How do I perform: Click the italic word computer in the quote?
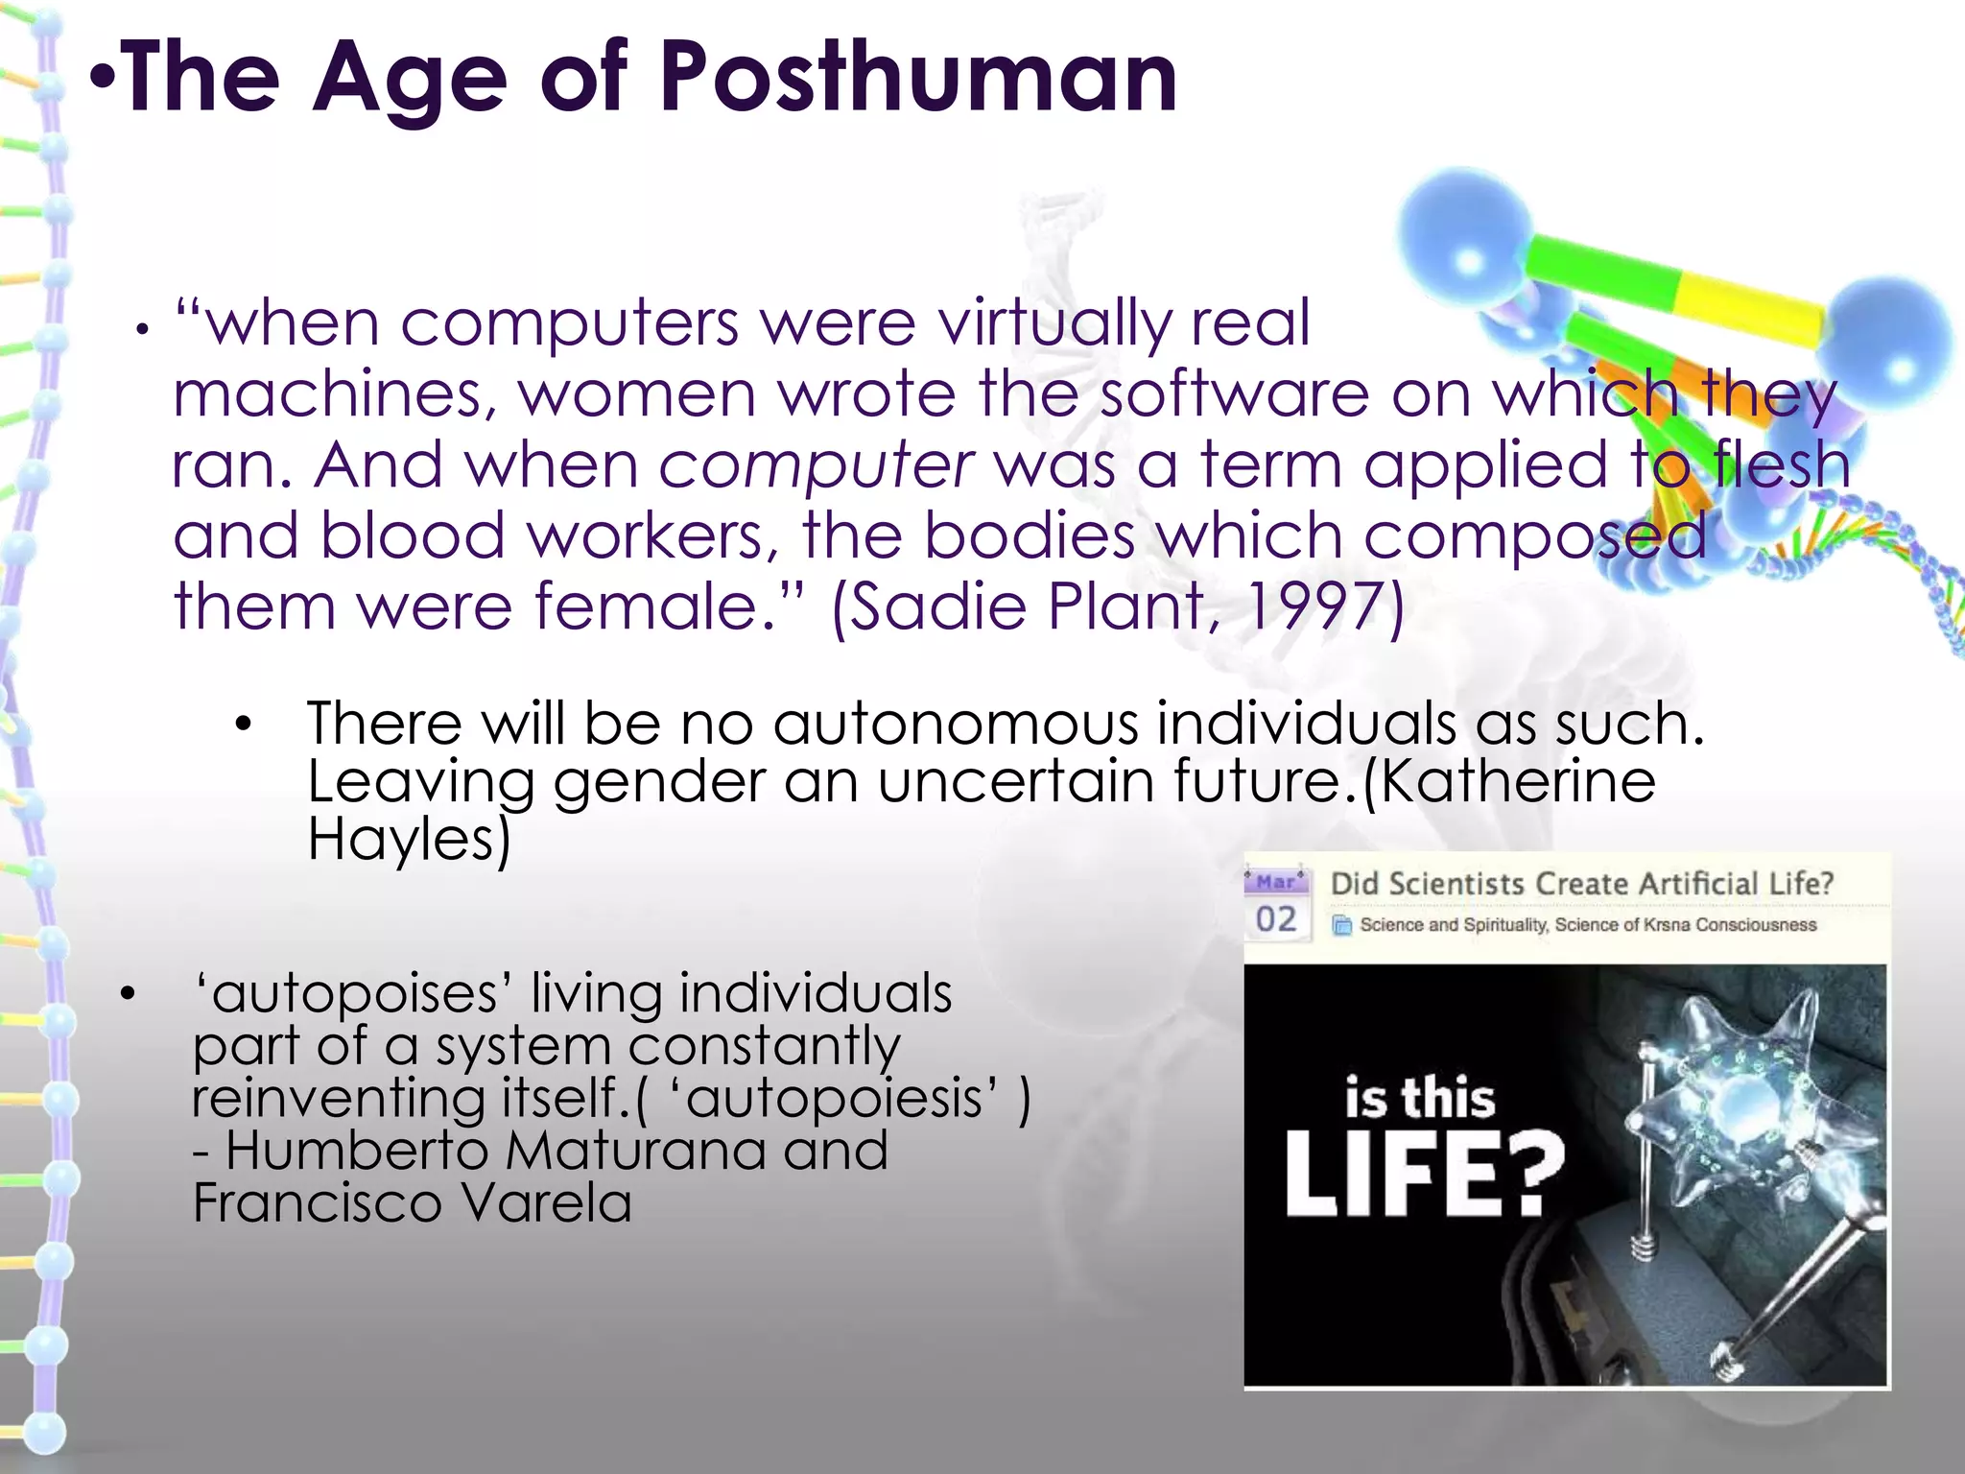816,465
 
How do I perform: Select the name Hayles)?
409,839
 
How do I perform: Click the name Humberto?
357,1151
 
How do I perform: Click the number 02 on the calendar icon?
1276,919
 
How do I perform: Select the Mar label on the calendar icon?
1276,881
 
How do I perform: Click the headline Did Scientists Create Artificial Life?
1581,884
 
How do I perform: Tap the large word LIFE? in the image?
1424,1175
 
